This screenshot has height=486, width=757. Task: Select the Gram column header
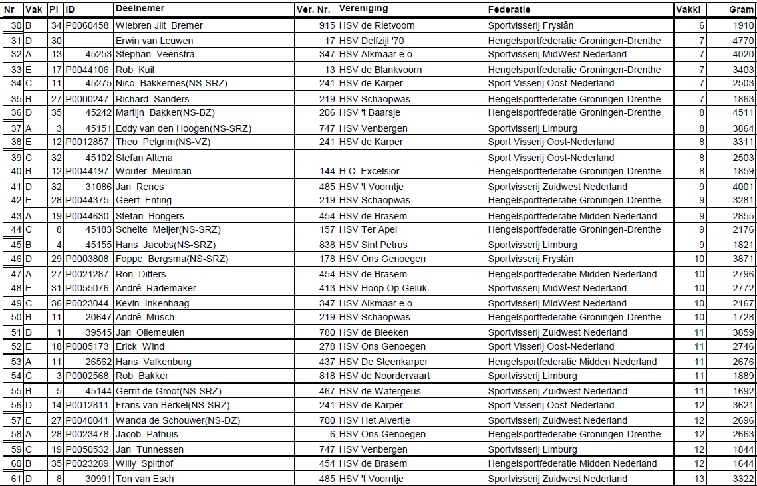pyautogui.click(x=741, y=10)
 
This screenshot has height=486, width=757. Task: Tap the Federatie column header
pyautogui.click(x=509, y=10)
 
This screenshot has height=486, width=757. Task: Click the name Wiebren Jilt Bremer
pyautogui.click(x=159, y=25)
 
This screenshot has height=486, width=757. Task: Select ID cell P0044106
pyautogui.click(x=86, y=70)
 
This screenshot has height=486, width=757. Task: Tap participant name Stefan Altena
pyautogui.click(x=144, y=158)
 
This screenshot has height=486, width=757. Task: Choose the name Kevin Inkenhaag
pyautogui.click(x=152, y=303)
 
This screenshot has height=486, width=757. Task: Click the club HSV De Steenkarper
pyautogui.click(x=383, y=362)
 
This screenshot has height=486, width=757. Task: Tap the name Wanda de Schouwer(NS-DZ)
pyautogui.click(x=178, y=420)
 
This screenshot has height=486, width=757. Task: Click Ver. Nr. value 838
pyautogui.click(x=327, y=245)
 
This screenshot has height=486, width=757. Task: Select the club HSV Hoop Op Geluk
pyautogui.click(x=382, y=288)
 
